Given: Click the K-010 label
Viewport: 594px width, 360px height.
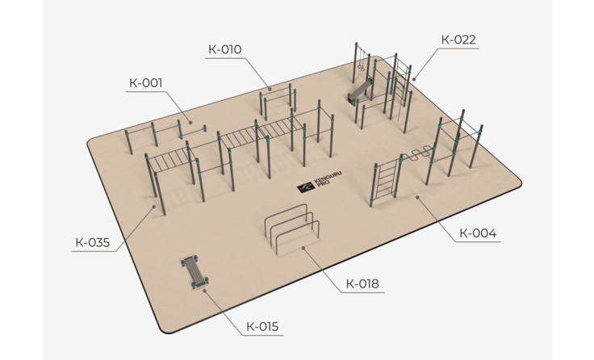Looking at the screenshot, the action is pos(225,49).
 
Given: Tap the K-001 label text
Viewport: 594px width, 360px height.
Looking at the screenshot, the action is pos(146,82).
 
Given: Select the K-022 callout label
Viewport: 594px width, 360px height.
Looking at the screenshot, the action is pos(458,40).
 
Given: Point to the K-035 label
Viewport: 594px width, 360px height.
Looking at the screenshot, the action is pos(93,242).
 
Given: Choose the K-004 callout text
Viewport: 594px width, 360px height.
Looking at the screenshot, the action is pos(478,233).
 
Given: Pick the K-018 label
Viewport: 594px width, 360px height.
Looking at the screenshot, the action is pos(362,283).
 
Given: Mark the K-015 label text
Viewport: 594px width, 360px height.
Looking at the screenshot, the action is pos(262,326).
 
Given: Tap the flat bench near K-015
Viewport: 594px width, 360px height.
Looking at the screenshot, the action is pos(195,272).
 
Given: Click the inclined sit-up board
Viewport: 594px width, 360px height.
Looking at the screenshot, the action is pos(359,90).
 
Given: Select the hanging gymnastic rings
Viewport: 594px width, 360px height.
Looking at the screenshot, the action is pos(361,61).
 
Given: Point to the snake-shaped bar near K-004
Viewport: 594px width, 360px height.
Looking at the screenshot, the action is pos(416,153).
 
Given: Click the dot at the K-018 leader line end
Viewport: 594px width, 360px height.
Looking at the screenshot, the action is pos(303,249).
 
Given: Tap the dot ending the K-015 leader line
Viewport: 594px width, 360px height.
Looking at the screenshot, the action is pos(204,291).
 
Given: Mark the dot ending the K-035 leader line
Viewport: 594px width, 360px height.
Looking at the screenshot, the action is pos(154,207).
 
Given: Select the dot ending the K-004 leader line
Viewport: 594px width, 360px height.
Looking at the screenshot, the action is pos(417,198).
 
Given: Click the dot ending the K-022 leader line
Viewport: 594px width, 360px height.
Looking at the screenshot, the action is pos(415,79).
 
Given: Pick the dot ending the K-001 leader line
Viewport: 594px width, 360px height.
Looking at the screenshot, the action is pos(190,123).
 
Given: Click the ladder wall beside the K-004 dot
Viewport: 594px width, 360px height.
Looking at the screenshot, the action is pos(386,180).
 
